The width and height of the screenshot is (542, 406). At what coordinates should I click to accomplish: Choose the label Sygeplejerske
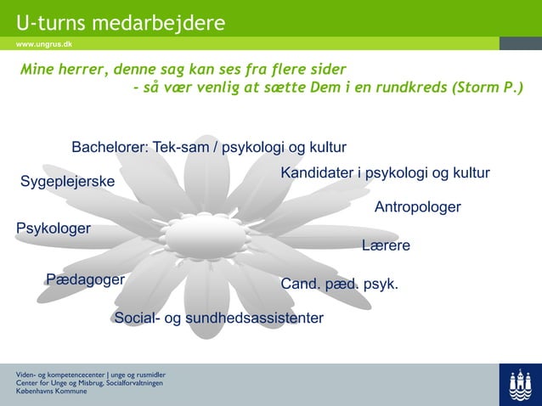coord(67,182)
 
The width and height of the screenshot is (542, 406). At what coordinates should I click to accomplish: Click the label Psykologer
coord(54,228)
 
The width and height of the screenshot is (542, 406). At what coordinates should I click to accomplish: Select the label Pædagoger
coord(86,279)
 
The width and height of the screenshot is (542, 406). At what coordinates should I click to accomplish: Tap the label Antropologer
coord(417,207)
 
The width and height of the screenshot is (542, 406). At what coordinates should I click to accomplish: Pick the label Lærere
coord(386,245)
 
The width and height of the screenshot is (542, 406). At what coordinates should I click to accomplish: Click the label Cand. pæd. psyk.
coord(339,284)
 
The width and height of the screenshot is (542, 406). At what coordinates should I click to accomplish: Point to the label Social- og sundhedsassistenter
coord(218,319)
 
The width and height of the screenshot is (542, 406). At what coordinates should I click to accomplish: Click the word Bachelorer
coord(110,148)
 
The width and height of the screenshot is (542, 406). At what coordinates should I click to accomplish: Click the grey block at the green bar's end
coord(520,43)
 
